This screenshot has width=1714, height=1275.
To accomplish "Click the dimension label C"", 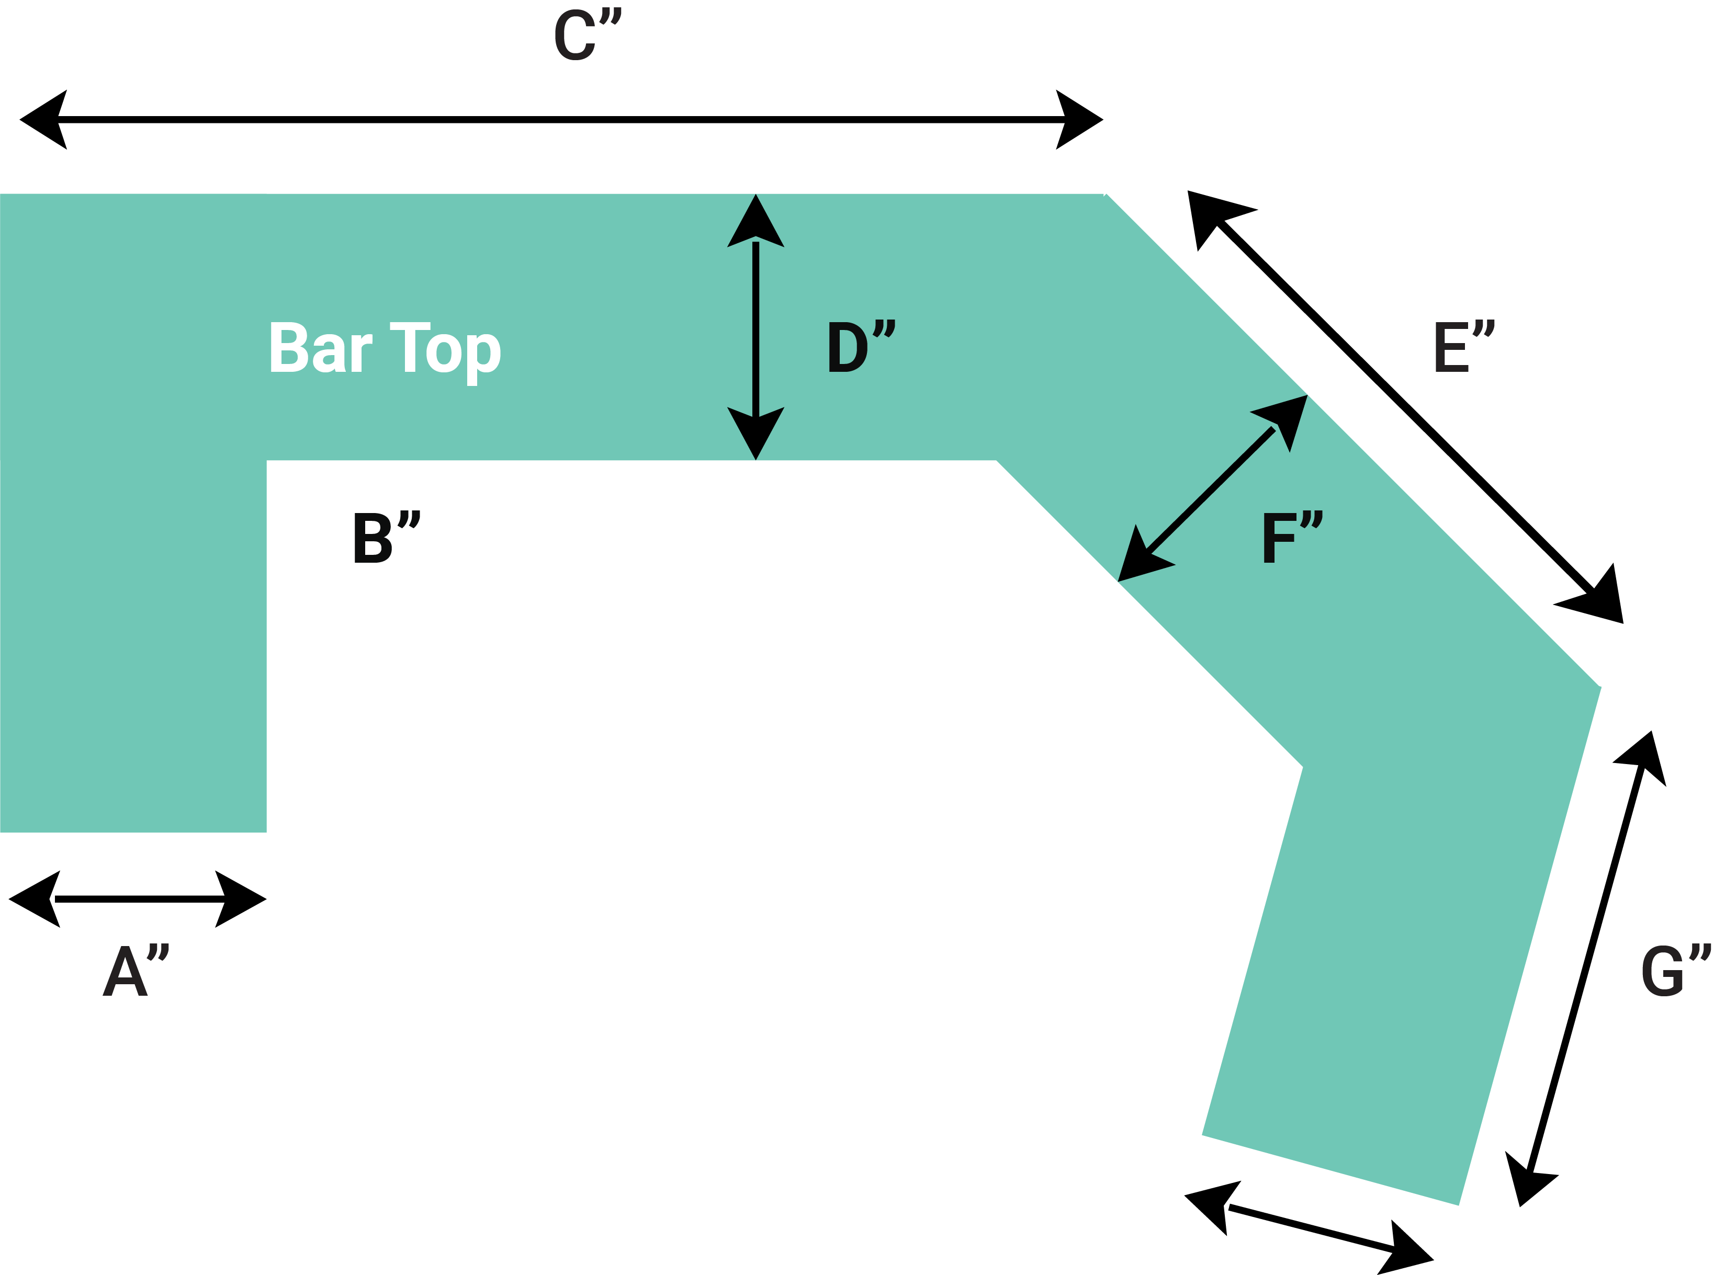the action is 587,36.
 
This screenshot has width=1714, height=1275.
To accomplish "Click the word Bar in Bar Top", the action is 320,348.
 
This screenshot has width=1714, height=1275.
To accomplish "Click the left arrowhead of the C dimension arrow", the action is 42,120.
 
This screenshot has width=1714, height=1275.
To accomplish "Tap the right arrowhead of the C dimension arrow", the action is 1079,120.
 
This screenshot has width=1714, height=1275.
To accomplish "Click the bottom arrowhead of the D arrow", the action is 755,432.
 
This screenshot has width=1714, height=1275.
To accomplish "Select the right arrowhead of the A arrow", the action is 241,899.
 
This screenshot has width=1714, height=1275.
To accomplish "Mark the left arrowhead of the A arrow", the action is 35,899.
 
